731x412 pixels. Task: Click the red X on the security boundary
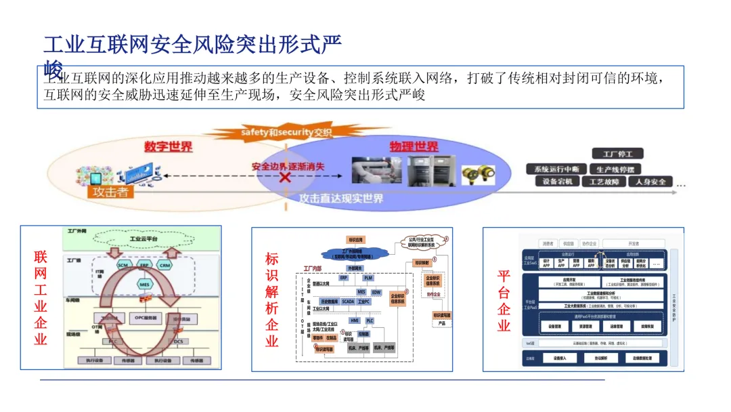tap(286, 178)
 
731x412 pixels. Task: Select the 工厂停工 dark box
tap(618, 154)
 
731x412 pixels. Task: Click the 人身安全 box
tap(650, 182)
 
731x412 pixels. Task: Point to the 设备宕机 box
tap(557, 182)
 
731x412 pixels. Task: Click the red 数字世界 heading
tap(168, 147)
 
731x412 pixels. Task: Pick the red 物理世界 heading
tap(414, 146)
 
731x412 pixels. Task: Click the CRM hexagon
tap(164, 266)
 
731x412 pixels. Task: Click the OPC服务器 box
tap(145, 317)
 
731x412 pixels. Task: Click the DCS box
tap(178, 342)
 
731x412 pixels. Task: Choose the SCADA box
tap(348, 301)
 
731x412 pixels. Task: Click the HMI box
tap(354, 320)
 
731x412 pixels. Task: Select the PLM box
tap(368, 278)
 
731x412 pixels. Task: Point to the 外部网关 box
tap(356, 268)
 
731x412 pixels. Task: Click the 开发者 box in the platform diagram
tap(633, 243)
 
